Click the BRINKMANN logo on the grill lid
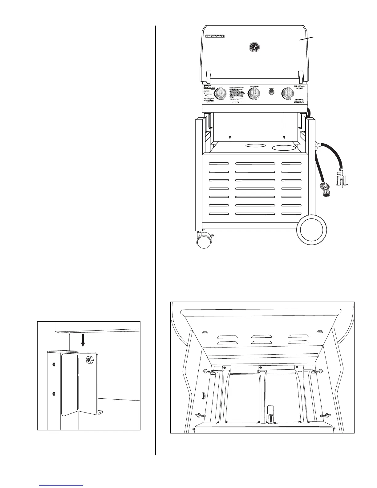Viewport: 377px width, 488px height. [215, 36]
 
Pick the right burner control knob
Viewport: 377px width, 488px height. [288, 93]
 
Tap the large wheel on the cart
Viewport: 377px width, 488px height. [312, 229]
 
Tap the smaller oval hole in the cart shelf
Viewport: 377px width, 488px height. [255, 145]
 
